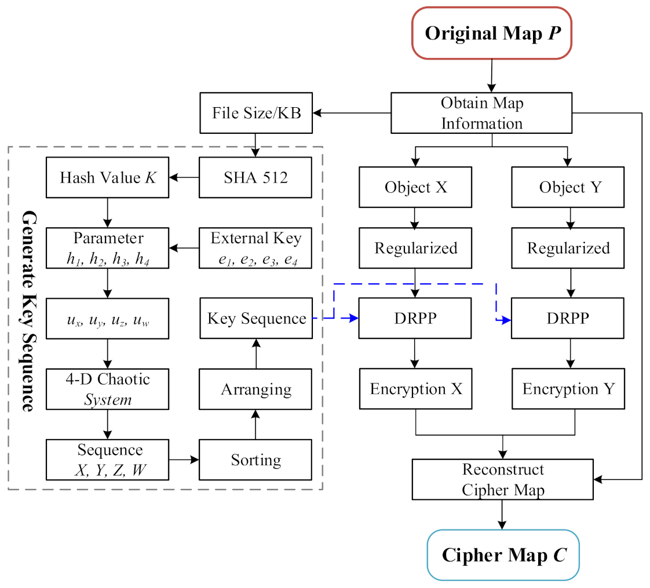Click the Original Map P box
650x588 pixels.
coord(491,33)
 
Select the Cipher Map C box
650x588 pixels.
coord(503,554)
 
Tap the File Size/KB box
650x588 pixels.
coord(255,112)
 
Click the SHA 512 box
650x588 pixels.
coord(255,177)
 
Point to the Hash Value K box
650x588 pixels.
coord(108,177)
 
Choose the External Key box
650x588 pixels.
coord(255,248)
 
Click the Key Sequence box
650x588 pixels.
coord(255,318)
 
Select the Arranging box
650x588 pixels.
coord(255,389)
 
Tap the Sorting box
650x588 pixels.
coord(255,459)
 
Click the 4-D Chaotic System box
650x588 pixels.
coord(108,389)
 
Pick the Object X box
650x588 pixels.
coord(415,187)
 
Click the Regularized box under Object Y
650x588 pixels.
coord(568,248)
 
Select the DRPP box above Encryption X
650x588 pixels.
coord(415,318)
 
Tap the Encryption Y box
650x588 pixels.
coord(568,389)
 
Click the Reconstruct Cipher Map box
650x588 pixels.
coord(503,479)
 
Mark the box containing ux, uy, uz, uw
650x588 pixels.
coord(108,318)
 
